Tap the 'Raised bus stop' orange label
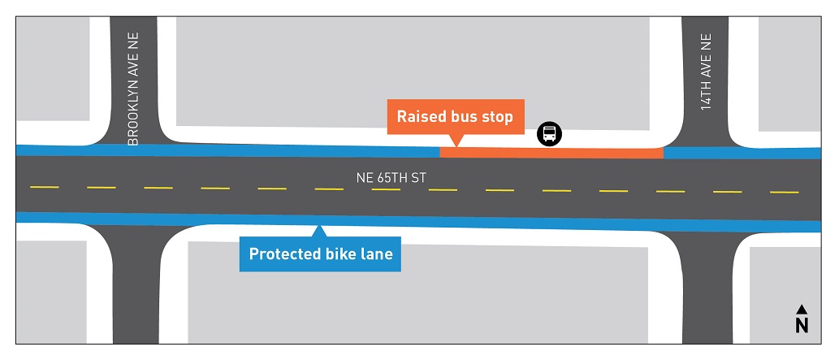pyautogui.click(x=455, y=117)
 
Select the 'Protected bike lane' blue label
pyautogui.click(x=320, y=254)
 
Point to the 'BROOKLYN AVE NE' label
pyautogui.click(x=133, y=89)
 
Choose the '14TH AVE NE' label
pyautogui.click(x=705, y=72)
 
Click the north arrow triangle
pyautogui.click(x=802, y=309)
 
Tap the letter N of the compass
pyautogui.click(x=802, y=325)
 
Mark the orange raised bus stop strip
pyautogui.click(x=551, y=153)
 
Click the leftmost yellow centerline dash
pyautogui.click(x=45, y=187)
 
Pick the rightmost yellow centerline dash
pyautogui.click(x=784, y=193)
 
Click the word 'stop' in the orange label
pyautogui.click(x=497, y=117)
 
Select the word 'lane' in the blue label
pyautogui.click(x=377, y=254)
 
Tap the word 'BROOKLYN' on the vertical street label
pyautogui.click(x=133, y=114)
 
